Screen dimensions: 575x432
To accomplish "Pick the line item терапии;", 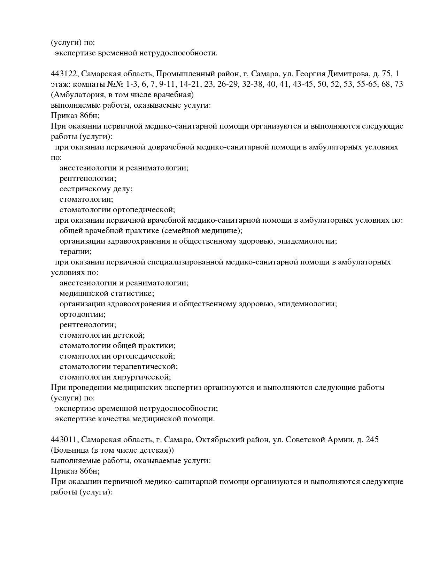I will tap(76, 252).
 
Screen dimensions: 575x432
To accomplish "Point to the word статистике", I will tap(133, 293).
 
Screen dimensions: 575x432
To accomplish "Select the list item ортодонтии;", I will tap(83, 314).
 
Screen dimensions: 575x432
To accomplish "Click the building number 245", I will tap(372, 440).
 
